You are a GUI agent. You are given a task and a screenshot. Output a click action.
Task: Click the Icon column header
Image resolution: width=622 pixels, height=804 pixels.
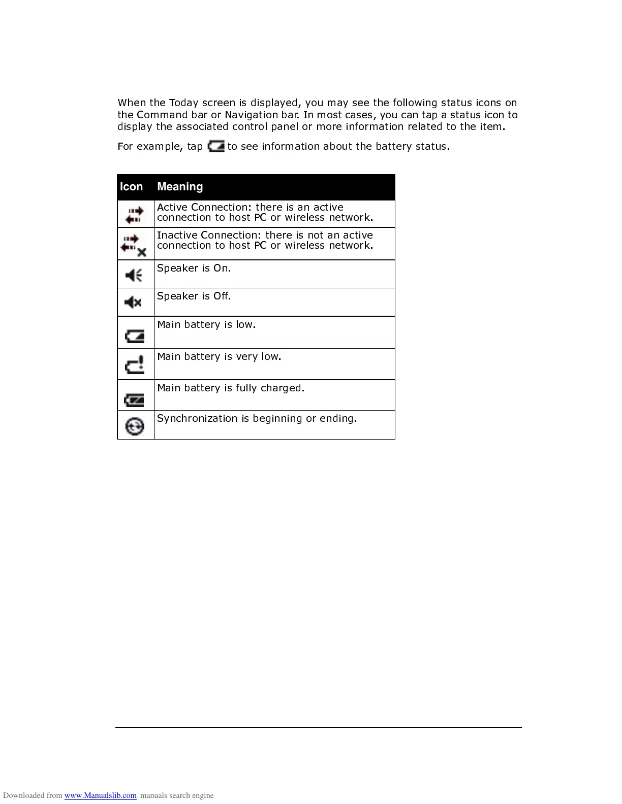coord(131,187)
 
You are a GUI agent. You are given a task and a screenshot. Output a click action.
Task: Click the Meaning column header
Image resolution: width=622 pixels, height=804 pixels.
coord(180,187)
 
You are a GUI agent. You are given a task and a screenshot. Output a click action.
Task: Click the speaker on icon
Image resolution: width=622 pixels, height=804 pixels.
coord(134,276)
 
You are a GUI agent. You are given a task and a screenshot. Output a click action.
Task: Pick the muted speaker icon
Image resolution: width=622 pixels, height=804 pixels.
coord(133,303)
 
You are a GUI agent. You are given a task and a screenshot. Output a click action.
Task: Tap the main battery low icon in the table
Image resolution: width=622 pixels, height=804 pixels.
coord(135,336)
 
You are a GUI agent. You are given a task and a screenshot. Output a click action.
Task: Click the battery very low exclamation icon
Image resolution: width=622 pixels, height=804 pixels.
coord(135,364)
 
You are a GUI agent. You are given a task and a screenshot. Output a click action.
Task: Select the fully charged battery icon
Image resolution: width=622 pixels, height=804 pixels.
coord(135,400)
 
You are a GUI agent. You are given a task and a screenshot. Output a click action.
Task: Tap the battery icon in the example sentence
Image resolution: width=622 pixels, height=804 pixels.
coord(216,147)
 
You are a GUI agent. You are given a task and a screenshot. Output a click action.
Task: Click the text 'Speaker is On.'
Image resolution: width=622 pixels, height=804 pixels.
coord(194,268)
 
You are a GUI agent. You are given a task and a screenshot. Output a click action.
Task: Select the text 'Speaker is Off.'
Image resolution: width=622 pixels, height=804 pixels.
coord(194,296)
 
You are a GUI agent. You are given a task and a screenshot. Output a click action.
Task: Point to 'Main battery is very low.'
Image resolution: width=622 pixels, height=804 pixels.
coord(219,356)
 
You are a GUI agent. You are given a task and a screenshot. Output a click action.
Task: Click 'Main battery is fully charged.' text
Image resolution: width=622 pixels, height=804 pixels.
coord(231,388)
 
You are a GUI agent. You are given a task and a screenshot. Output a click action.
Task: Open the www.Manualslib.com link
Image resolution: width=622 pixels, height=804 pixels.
coord(100,795)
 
